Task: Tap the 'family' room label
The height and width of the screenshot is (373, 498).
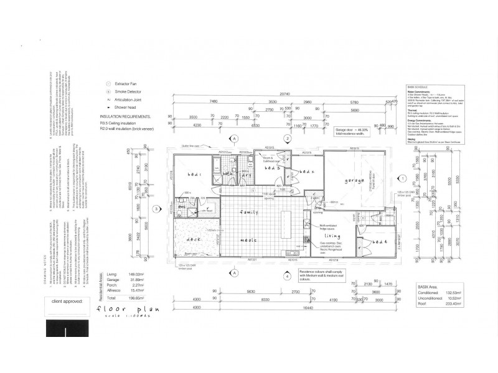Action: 249,213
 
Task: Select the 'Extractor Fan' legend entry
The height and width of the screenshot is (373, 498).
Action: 128,83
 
